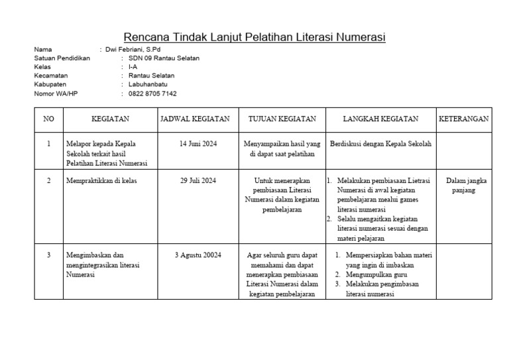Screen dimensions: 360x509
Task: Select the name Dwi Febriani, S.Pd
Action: pos(133,49)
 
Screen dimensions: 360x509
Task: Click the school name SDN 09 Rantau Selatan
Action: pos(164,58)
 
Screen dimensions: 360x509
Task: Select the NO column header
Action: pos(48,119)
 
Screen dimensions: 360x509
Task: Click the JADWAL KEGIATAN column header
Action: pos(195,119)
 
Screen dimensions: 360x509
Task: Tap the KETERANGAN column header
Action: pos(464,119)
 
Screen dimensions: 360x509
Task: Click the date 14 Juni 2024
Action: pos(198,143)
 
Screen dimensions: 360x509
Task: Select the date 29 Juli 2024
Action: pos(198,180)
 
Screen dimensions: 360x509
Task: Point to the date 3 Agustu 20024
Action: pos(198,255)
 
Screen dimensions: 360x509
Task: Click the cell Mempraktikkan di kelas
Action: pos(101,180)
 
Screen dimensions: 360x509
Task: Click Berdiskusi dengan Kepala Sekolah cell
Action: pos(380,143)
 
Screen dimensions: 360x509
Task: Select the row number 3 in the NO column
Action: pos(48,255)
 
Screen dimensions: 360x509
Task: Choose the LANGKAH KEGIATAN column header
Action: pos(380,119)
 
